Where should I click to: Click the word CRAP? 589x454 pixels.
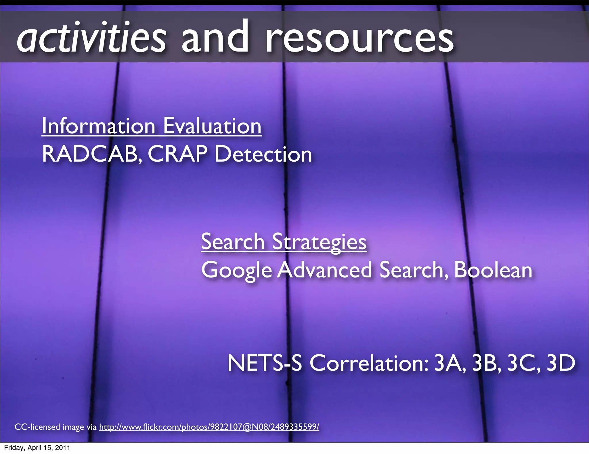(x=177, y=154)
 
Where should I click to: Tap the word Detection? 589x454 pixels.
(x=263, y=154)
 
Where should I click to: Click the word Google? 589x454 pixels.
(x=236, y=270)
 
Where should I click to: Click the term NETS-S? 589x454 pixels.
(x=265, y=363)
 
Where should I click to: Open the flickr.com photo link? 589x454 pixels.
(x=209, y=427)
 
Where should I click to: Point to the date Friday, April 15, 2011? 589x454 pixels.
(x=37, y=448)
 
